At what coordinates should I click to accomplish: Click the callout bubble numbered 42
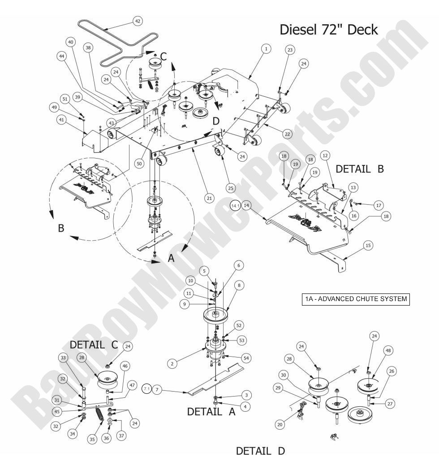coord(138,21)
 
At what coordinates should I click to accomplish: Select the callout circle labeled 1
coord(266,48)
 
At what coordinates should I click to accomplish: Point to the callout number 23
coord(290,51)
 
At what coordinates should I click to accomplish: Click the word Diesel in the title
coord(297,30)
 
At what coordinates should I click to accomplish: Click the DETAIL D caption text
coord(260,451)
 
